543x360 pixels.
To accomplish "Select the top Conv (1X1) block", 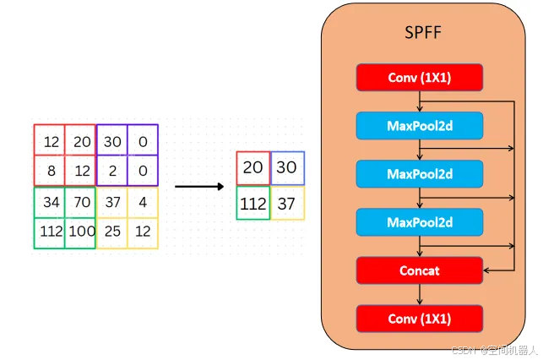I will [x=419, y=78].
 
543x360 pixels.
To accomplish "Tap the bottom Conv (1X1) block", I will [x=419, y=319].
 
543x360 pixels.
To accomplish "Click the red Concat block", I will [x=419, y=270].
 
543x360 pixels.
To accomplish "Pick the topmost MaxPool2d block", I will [x=419, y=126].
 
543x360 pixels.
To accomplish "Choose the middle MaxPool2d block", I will [x=419, y=174].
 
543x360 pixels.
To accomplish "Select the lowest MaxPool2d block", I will [x=419, y=222].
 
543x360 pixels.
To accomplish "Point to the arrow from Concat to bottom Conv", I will [x=420, y=294].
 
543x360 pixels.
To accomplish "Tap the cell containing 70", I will [x=80, y=202].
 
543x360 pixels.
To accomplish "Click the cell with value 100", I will [x=80, y=232].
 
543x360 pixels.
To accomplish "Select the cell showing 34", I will [x=50, y=202].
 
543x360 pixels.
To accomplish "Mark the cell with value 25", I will [x=111, y=232].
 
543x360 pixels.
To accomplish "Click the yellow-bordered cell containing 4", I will [x=142, y=202].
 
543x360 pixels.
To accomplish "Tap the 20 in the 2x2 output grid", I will [x=252, y=168].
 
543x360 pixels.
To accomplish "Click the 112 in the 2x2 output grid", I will [x=252, y=203].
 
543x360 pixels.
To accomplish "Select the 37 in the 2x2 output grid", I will [x=286, y=203].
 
